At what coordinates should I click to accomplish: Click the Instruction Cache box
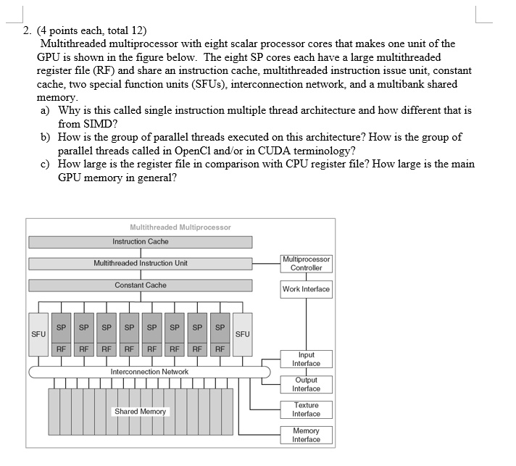coord(140,241)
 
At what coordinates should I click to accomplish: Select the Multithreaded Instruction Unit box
coord(140,263)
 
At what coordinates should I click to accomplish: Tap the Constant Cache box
coord(140,286)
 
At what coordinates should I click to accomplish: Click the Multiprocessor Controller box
coord(306,263)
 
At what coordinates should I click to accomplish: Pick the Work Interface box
coord(306,289)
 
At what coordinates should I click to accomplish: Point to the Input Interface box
coord(306,359)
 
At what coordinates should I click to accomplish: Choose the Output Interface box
coord(306,384)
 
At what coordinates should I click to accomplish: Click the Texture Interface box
coord(306,409)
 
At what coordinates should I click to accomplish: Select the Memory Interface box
coord(306,435)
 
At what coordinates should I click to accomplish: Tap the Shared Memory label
coord(140,412)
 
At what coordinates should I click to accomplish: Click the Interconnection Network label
coord(149,372)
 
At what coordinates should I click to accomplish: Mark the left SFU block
coord(38,334)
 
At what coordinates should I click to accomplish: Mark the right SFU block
coord(242,334)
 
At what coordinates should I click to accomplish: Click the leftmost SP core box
coord(62,327)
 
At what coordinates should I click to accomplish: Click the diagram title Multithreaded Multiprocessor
coord(180,227)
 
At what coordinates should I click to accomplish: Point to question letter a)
coord(46,111)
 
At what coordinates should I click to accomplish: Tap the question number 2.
coord(26,30)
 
